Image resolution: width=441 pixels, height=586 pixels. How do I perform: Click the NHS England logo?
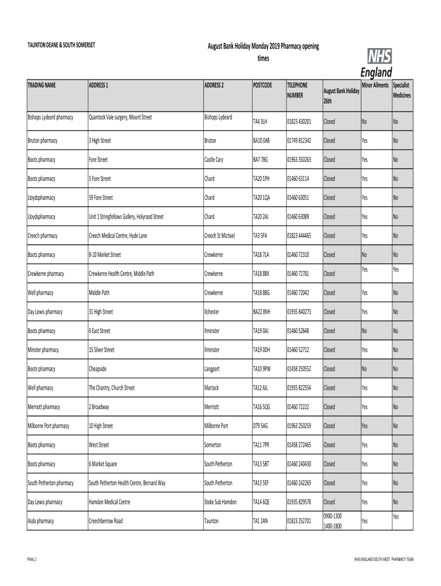[x=376, y=62]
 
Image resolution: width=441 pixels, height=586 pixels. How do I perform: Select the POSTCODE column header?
[x=262, y=85]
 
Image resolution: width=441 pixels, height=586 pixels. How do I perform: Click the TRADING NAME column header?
[x=42, y=85]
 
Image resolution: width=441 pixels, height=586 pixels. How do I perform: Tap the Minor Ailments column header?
[x=375, y=85]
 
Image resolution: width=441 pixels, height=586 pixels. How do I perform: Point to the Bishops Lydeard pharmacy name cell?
[x=50, y=117]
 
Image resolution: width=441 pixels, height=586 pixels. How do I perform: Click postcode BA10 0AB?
[x=261, y=140]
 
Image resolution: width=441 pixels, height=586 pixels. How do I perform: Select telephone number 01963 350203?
[x=299, y=160]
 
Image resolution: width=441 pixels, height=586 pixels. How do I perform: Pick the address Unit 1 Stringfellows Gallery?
[x=126, y=217]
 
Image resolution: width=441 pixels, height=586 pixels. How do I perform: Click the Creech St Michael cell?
[x=219, y=236]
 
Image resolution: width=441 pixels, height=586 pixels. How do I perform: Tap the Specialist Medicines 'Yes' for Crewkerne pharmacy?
[x=396, y=269]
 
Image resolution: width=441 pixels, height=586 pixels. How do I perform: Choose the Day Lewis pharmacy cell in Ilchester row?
[x=45, y=312]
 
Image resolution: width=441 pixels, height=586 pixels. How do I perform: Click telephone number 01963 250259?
[x=299, y=426]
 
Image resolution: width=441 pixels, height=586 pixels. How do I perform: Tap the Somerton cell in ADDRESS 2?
[x=215, y=445]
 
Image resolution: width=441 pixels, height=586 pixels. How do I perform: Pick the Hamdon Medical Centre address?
[x=109, y=502]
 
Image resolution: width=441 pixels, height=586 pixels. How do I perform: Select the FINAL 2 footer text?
[x=32, y=558]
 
